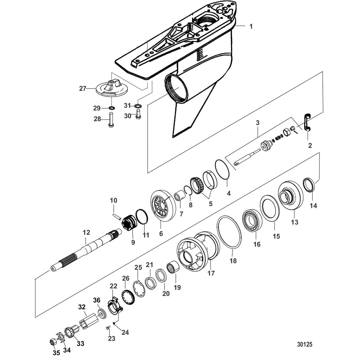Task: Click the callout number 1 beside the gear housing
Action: click(251, 26)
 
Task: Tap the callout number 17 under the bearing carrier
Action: click(211, 273)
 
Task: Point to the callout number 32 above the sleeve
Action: click(82, 307)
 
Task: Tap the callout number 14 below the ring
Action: click(313, 206)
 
